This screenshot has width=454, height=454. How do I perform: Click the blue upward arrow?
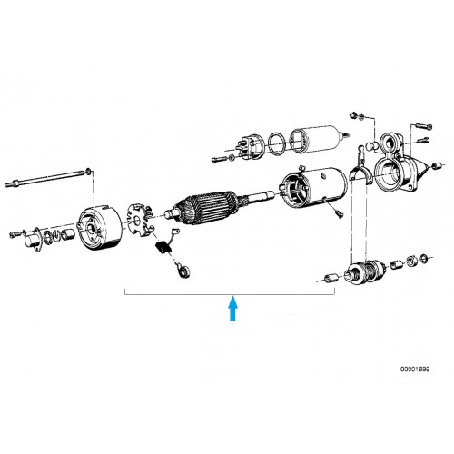232,309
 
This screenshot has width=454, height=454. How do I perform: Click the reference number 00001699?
415,370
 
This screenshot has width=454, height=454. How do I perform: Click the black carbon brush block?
163,247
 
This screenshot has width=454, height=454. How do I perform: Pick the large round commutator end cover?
100,228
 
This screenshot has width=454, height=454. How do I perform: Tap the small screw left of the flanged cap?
15,233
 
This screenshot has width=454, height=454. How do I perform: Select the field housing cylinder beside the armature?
314,188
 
